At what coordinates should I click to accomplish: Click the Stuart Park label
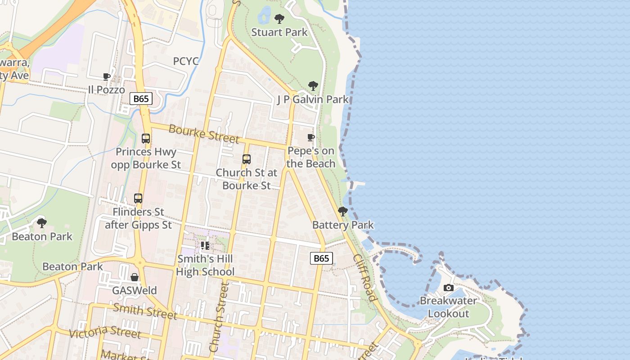(x=279, y=32)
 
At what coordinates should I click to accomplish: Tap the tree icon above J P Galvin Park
(x=313, y=86)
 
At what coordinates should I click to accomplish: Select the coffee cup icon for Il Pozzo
(x=107, y=77)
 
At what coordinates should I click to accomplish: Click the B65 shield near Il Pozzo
(x=141, y=99)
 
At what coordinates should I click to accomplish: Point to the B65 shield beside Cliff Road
(x=321, y=258)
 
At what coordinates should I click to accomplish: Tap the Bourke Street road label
(x=203, y=134)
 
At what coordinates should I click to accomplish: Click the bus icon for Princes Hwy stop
(x=146, y=139)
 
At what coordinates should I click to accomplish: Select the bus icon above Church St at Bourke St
(x=246, y=159)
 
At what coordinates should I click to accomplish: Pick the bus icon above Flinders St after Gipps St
(x=138, y=198)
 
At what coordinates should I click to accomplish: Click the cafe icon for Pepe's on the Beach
(x=310, y=138)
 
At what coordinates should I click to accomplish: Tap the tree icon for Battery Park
(x=343, y=211)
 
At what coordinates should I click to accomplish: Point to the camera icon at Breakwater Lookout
(x=448, y=288)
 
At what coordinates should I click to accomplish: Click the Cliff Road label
(x=364, y=278)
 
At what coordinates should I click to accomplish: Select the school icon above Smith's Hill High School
(x=205, y=246)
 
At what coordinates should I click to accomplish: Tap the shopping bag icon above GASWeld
(x=134, y=277)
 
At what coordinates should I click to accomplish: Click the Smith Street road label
(x=145, y=311)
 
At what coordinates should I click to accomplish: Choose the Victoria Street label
(x=104, y=332)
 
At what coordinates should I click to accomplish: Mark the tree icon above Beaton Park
(x=42, y=223)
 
